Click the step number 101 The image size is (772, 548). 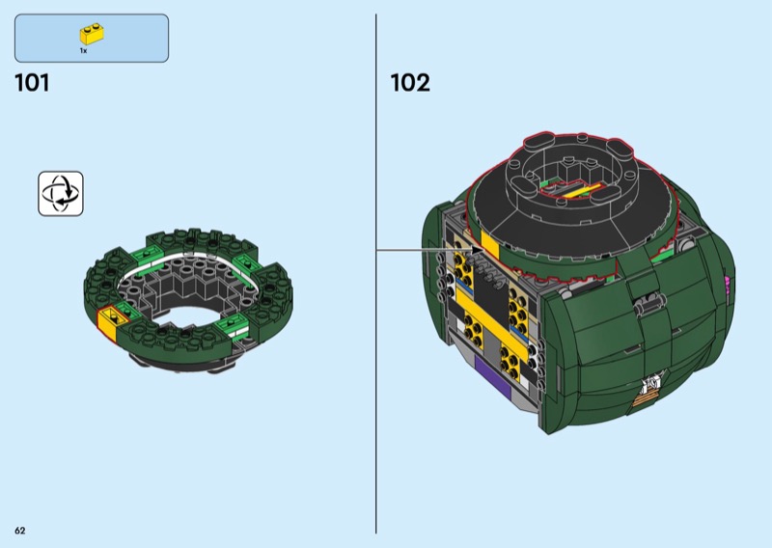pos(32,83)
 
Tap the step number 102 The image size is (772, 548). pos(409,83)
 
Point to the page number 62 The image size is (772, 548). pos(20,531)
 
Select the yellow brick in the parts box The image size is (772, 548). pos(92,34)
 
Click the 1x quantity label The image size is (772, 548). pos(83,51)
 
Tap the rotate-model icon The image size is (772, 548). pos(61,194)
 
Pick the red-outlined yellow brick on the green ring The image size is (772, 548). pos(110,322)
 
